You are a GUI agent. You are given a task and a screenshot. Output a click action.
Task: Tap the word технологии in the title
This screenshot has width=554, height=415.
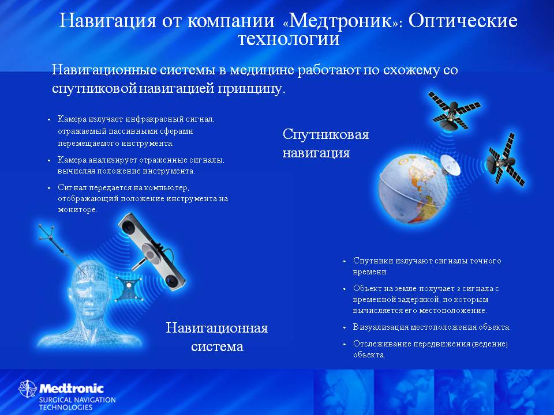click(289, 39)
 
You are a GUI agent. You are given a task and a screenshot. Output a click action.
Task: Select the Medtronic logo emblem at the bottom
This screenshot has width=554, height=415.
click(28, 389)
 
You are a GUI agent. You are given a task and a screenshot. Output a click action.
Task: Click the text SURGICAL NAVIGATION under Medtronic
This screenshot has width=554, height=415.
click(77, 400)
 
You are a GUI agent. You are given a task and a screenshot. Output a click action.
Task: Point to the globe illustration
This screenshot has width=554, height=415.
click(413, 189)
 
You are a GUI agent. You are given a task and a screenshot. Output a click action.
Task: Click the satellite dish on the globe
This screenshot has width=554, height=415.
click(451, 164)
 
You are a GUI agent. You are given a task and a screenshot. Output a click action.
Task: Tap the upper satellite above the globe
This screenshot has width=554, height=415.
click(454, 111)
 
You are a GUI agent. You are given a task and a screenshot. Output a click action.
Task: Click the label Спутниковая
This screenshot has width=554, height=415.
click(325, 134)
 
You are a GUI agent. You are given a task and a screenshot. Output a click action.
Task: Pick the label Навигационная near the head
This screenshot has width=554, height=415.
click(217, 328)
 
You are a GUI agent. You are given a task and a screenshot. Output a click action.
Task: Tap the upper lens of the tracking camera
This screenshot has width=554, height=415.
click(128, 227)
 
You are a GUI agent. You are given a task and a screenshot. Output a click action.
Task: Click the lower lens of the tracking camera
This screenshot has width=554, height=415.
click(173, 281)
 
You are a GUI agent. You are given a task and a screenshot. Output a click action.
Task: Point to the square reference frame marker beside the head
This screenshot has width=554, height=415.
click(129, 288)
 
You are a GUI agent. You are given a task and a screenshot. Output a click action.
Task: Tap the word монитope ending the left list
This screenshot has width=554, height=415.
click(77, 210)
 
